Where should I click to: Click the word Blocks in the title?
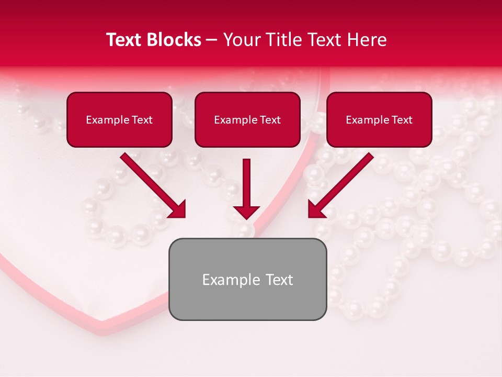click(174, 40)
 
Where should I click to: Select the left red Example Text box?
click(119, 119)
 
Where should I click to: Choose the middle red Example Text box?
click(247, 119)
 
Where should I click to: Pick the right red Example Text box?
click(379, 119)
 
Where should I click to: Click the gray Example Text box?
click(247, 279)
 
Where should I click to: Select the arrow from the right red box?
click(341, 185)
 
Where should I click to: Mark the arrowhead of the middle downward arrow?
click(246, 212)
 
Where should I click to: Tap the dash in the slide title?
click(212, 40)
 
